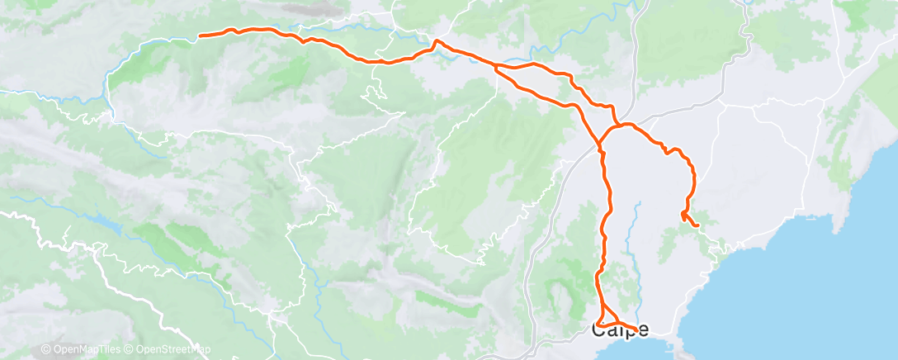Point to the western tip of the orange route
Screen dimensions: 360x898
(x=201, y=36)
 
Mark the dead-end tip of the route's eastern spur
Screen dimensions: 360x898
(x=698, y=225)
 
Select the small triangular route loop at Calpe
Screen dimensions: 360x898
(x=606, y=318)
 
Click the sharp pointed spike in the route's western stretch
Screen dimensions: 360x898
(x=437, y=40)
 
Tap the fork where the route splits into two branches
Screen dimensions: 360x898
(x=494, y=65)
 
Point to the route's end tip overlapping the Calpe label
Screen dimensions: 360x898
(x=636, y=329)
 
